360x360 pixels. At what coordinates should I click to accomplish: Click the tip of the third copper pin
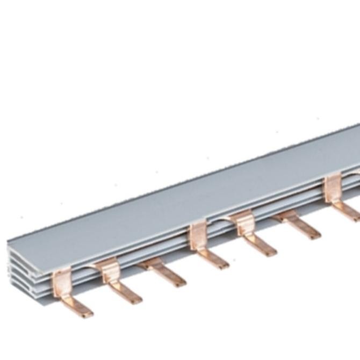click(177, 280)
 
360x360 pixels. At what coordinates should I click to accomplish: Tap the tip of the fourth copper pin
click(220, 263)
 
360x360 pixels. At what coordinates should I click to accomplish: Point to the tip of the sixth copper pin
click(312, 233)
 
